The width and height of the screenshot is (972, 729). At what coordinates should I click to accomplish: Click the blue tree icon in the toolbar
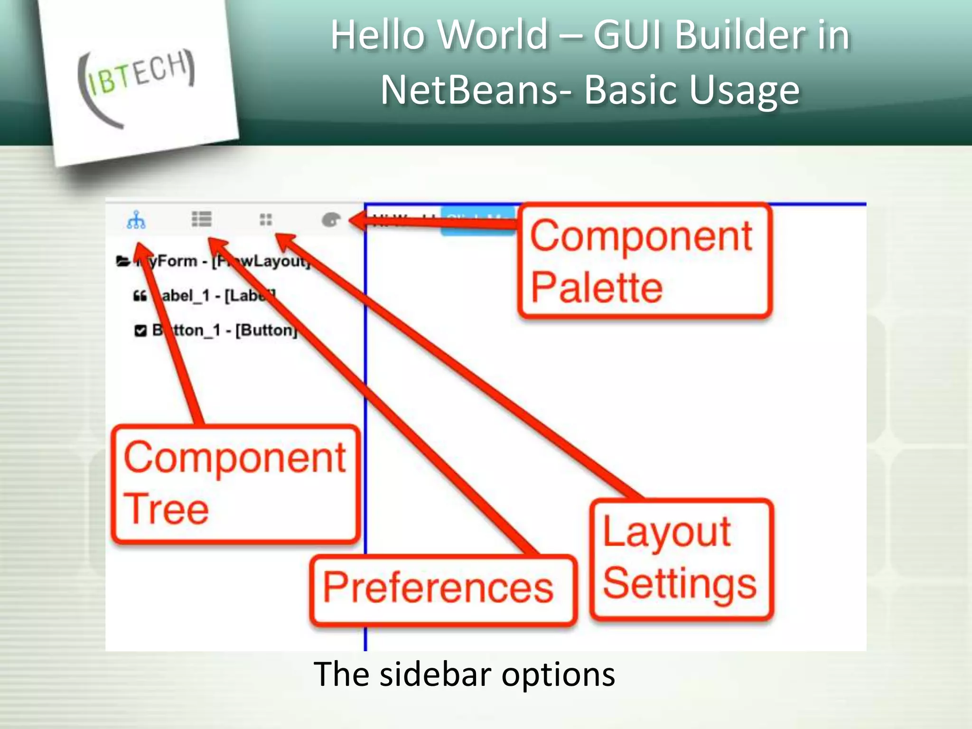pos(136,220)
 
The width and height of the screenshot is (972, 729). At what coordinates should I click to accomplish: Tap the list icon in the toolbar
pos(201,219)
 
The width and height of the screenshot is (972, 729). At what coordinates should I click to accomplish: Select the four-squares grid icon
pos(266,220)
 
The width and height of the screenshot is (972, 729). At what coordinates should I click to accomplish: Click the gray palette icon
pos(331,220)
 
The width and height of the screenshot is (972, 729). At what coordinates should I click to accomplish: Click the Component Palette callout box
pos(644,261)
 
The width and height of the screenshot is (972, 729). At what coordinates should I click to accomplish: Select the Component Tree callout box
pos(235,483)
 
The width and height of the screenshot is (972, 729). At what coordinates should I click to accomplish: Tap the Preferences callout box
pos(442,589)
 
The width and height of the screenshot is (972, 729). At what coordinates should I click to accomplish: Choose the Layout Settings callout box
pos(681,559)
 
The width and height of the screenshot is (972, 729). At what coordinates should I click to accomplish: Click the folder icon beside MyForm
pos(122,261)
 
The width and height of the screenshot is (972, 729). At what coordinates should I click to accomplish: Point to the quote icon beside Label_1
pos(140,296)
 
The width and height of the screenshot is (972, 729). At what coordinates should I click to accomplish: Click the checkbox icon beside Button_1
pos(140,330)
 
